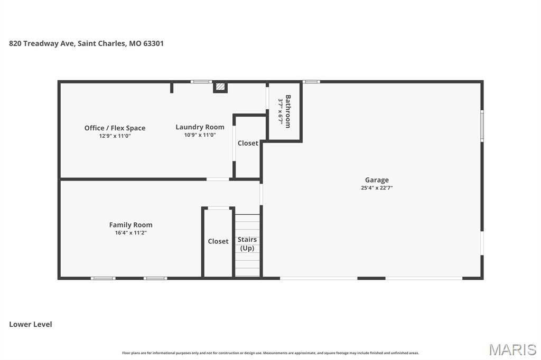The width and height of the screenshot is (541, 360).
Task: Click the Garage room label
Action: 376,180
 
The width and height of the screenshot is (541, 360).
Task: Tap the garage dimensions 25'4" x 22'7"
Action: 376,188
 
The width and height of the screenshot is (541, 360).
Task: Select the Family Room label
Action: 130,225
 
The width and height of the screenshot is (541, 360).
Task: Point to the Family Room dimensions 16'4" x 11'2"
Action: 130,233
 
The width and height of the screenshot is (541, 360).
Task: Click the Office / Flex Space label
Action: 115,128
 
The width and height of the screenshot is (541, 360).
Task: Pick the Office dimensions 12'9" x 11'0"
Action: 115,136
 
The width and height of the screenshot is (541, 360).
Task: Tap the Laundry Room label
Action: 200,127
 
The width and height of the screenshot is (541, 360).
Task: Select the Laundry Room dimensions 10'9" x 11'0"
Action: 200,135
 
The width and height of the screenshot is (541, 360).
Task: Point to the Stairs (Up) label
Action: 247,244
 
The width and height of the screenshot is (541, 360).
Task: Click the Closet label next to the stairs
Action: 218,241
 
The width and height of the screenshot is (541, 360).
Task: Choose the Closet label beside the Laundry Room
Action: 248,143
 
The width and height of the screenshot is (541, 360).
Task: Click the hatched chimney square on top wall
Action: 220,87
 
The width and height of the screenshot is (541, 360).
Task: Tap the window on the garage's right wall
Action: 481,126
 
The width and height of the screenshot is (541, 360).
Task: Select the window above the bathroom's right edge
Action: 311,82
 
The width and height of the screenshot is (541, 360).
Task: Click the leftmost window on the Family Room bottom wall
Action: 103,278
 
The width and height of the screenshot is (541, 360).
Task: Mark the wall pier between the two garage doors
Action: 371,278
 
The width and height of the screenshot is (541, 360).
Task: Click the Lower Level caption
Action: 31,324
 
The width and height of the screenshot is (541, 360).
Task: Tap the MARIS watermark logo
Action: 512,349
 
